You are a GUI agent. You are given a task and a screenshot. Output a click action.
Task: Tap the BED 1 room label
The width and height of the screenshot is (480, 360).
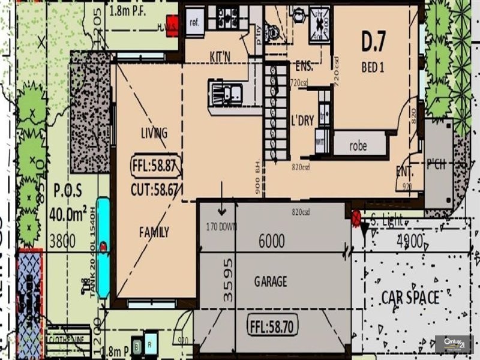click(373, 67)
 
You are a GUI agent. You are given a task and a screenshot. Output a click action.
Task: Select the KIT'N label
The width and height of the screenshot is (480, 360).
click(221, 56)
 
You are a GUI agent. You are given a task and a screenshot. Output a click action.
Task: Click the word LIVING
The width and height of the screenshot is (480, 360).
click(154, 133)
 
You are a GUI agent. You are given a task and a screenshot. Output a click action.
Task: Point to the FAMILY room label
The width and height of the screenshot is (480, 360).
click(154, 232)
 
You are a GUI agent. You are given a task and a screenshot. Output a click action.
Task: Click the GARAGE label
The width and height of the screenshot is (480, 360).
click(271, 281)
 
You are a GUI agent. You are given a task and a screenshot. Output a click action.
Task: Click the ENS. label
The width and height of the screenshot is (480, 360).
click(305, 67)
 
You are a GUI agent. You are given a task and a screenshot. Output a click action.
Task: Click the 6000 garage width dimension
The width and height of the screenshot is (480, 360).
click(271, 241)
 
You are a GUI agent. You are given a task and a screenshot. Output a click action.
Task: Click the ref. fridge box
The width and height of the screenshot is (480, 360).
click(194, 23)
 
